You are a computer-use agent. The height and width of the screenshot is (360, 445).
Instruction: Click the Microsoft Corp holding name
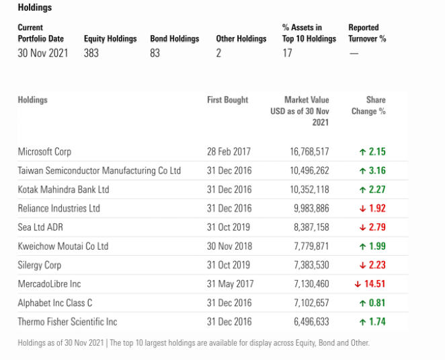[x=44, y=151]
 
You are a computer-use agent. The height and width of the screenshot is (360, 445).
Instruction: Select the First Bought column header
[x=227, y=100]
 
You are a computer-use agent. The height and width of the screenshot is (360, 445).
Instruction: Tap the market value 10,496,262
[x=309, y=170]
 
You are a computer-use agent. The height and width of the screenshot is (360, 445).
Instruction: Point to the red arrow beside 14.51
[x=358, y=284]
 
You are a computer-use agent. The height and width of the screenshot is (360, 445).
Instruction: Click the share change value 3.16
[x=377, y=170]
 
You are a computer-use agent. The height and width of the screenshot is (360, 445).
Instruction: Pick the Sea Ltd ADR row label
[x=40, y=227]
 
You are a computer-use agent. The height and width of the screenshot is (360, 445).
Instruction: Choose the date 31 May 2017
[x=230, y=284]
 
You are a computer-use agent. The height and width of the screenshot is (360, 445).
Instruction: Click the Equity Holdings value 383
[x=91, y=53]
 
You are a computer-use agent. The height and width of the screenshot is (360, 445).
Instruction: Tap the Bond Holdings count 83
[x=155, y=53]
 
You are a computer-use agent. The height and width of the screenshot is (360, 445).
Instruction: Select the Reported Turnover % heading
[x=367, y=33]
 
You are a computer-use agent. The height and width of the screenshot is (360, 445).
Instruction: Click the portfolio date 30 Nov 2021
[x=43, y=53]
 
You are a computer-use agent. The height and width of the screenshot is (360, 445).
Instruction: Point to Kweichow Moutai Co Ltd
[x=63, y=246]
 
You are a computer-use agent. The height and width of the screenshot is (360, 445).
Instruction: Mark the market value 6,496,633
[x=311, y=322]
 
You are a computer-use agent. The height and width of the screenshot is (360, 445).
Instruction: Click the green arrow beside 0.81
[x=362, y=303]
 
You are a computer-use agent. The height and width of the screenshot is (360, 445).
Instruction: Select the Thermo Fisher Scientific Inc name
[x=67, y=322]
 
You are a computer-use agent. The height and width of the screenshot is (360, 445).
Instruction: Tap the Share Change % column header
[x=368, y=106]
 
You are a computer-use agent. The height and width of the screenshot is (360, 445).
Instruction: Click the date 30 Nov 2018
[x=229, y=246]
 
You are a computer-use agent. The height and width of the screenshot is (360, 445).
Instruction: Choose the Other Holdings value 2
[x=218, y=53]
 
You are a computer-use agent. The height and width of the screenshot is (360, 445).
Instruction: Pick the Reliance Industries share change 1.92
[x=377, y=209]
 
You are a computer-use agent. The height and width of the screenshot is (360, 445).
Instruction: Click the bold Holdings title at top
[x=35, y=7]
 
